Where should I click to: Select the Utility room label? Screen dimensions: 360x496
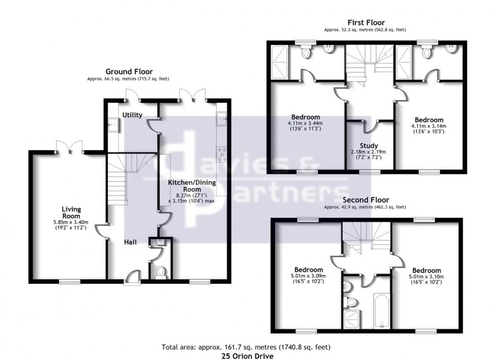tap(132, 115)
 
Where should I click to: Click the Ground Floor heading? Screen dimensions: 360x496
tap(129, 72)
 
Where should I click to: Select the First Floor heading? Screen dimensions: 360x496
tap(365, 23)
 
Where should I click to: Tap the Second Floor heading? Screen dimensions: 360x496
tap(365, 200)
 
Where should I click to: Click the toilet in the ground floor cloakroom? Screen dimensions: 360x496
tap(161, 272)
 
